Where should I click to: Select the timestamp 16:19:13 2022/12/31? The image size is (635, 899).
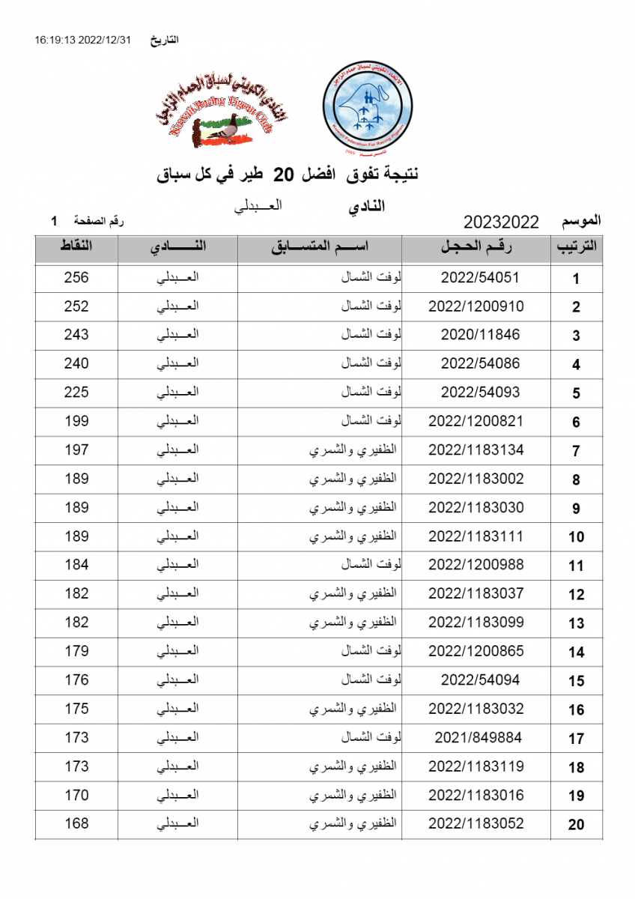(82, 40)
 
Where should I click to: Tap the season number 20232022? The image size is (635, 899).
(502, 222)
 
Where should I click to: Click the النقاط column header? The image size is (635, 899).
(76, 247)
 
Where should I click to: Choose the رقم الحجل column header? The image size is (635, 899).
(476, 247)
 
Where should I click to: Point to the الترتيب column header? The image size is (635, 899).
(576, 248)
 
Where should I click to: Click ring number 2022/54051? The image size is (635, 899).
(480, 277)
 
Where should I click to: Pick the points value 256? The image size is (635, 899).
(76, 277)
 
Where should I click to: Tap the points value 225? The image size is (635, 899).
(76, 393)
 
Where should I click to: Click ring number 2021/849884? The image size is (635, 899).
(478, 738)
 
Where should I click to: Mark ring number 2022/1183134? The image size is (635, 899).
(476, 450)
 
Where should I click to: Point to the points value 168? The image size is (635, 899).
(76, 824)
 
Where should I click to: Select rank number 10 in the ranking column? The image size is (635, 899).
(576, 537)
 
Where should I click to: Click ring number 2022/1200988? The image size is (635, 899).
(476, 565)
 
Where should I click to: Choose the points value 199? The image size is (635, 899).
(76, 421)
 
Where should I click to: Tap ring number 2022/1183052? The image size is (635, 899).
(476, 824)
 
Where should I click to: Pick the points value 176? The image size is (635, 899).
(76, 680)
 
